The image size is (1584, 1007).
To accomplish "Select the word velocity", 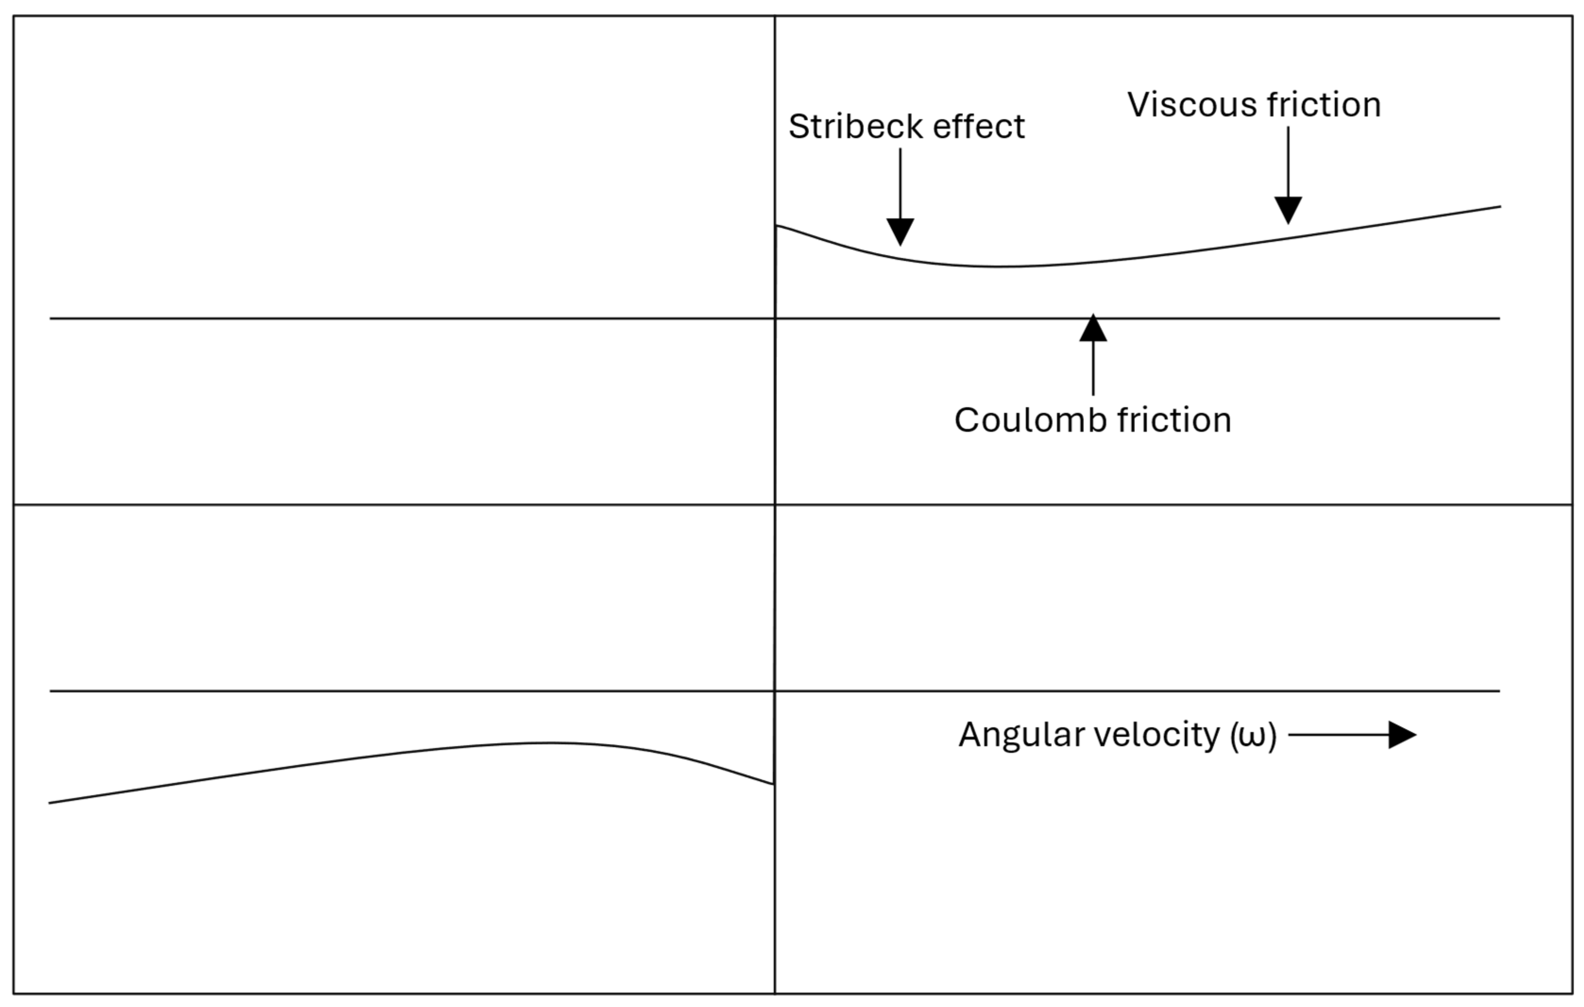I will point(1157,735).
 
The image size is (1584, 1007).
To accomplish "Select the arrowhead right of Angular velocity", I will point(1402,735).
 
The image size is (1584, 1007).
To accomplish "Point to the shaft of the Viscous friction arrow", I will point(1288,161).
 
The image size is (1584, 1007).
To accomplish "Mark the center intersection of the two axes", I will point(775,505).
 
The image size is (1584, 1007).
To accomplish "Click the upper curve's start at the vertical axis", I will point(777,226).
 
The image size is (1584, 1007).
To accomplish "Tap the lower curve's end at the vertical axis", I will point(773,784).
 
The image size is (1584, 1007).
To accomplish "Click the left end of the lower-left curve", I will point(50,803).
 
